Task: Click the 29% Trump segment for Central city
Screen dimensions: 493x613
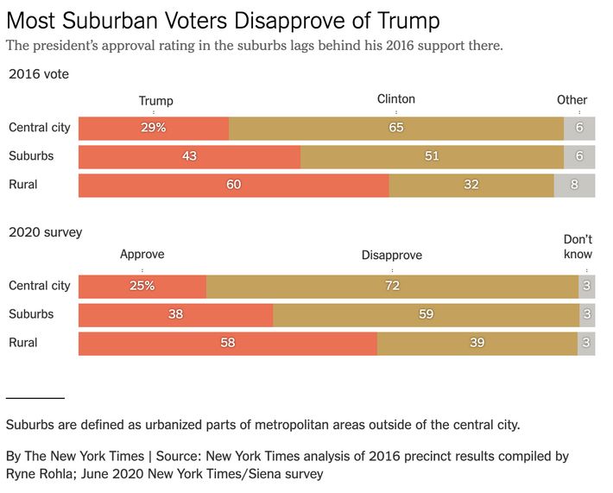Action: coord(154,128)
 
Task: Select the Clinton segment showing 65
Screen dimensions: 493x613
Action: coord(396,128)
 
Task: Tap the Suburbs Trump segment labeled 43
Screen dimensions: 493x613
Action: coord(189,156)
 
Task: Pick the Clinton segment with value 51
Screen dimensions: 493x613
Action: coord(432,156)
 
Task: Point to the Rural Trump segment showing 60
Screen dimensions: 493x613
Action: coord(233,185)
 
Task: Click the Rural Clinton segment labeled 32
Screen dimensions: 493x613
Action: coord(471,185)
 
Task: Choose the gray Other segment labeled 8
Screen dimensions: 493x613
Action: coord(574,185)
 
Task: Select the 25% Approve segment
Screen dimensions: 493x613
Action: coord(142,286)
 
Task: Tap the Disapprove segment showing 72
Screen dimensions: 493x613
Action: coord(392,286)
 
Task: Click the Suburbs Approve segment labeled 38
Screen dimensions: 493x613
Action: coord(175,314)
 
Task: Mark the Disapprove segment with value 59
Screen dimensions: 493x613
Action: coord(426,314)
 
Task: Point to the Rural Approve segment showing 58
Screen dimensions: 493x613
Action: coord(228,343)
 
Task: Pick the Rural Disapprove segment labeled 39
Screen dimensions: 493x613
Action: coord(477,343)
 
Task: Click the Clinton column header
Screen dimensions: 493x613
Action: coord(396,99)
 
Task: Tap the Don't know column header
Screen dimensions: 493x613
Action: coord(578,247)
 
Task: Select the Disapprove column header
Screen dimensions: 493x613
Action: coord(392,255)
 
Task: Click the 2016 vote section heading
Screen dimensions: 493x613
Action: coord(39,74)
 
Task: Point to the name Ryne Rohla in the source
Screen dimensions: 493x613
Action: coord(41,474)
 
